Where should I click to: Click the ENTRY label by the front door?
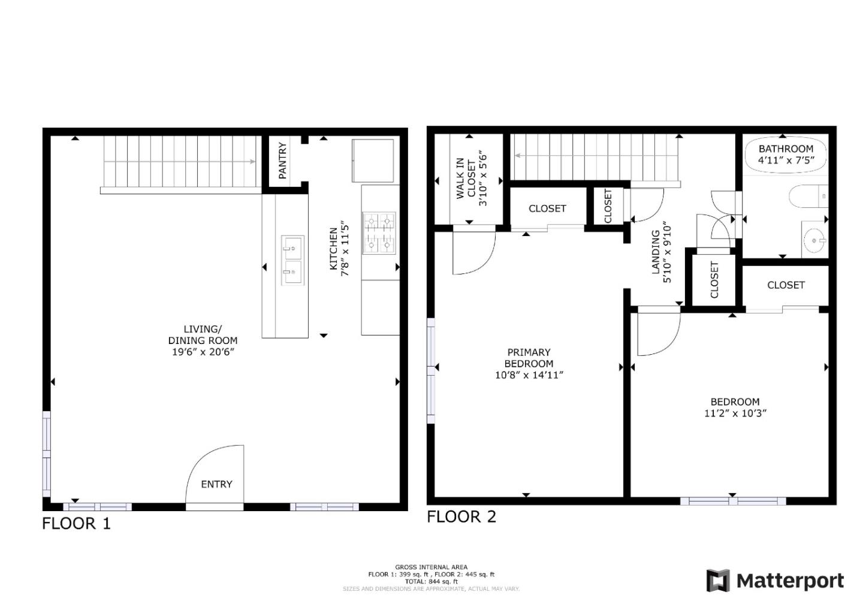(x=216, y=484)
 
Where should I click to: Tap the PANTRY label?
(x=282, y=161)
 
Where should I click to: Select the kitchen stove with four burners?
(x=379, y=232)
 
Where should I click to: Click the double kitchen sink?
(x=292, y=260)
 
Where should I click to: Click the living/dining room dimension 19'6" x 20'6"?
(x=203, y=352)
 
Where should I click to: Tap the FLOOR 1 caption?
(x=76, y=524)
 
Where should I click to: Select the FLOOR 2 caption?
(x=461, y=517)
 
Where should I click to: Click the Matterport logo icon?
(x=717, y=581)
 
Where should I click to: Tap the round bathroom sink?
(x=814, y=241)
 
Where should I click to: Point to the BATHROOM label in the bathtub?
(x=786, y=149)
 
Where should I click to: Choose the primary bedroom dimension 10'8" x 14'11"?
(x=529, y=375)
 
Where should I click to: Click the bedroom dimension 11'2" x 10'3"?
(x=735, y=413)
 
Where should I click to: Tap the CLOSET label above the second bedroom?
(x=785, y=285)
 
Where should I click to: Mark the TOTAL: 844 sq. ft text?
(x=431, y=581)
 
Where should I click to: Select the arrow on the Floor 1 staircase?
(x=252, y=161)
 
